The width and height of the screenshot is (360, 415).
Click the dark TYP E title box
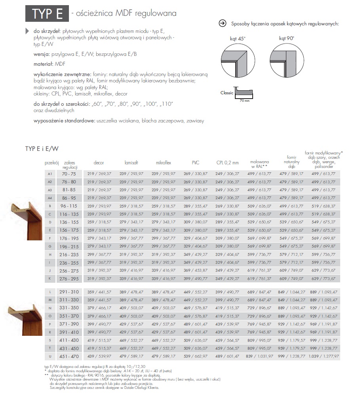point(47,13)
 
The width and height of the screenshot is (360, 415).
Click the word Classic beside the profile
point(227,93)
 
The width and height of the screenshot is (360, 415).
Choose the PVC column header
point(196,162)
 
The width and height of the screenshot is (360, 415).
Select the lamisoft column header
point(131,162)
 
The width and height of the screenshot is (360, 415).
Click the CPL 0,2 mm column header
point(227,162)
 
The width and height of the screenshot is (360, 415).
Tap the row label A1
point(50,173)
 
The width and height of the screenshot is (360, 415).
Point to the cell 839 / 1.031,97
point(260,356)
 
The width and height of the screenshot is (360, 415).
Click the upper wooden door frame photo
point(23,220)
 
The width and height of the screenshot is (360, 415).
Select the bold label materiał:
point(44,63)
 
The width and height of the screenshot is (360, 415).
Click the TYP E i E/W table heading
point(42,148)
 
